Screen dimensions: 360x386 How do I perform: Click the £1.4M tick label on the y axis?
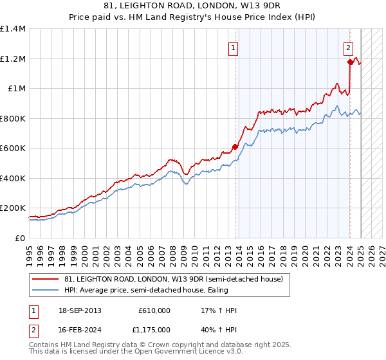pyautogui.click(x=13, y=29)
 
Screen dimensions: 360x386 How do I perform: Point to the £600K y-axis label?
pyautogui.click(x=13, y=148)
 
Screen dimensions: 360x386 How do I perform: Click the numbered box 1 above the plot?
pyautogui.click(x=232, y=47)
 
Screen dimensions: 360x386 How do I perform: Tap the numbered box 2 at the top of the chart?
pyautogui.click(x=347, y=47)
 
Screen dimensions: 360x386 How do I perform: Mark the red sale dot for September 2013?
pyautogui.click(x=235, y=147)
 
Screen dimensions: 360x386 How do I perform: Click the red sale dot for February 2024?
pyautogui.click(x=350, y=62)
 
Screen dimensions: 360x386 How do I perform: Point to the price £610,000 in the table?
pyautogui.click(x=154, y=310)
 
